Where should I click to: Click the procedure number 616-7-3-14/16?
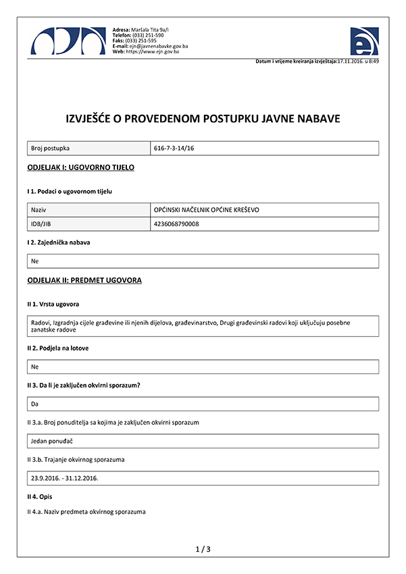pyautogui.click(x=179, y=147)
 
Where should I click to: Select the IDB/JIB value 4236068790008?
pyautogui.click(x=176, y=224)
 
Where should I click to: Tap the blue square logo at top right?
pyautogui.click(x=364, y=41)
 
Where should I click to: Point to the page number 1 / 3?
pyautogui.click(x=203, y=549)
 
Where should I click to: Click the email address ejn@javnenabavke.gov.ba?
pyautogui.click(x=158, y=46)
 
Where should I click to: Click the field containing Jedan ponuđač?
pyautogui.click(x=52, y=440)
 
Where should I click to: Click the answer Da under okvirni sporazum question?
pyautogui.click(x=35, y=403)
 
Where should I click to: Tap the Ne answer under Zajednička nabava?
pyautogui.click(x=35, y=260)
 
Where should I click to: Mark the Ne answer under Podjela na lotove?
pyautogui.click(x=35, y=367)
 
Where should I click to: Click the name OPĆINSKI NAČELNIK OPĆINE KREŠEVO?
pyautogui.click(x=206, y=210)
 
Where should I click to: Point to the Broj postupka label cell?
pyautogui.click(x=51, y=147)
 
